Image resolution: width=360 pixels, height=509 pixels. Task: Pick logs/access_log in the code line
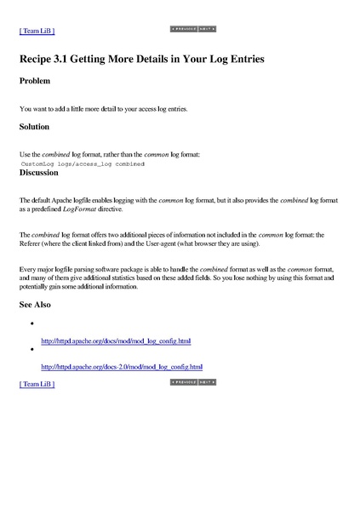83,162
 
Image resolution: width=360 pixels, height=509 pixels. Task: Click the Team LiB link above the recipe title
37,31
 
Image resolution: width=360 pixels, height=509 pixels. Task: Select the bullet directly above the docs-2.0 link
31,350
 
